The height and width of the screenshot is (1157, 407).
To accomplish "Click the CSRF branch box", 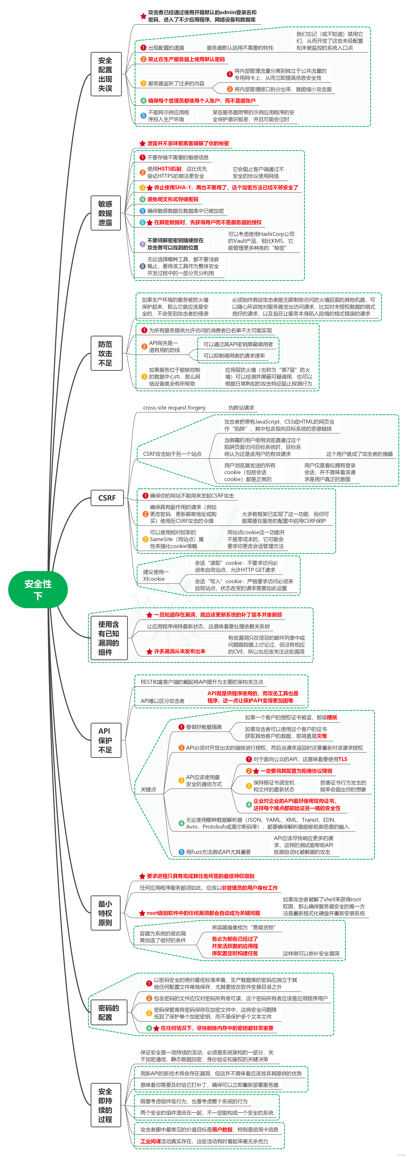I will [x=107, y=498].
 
